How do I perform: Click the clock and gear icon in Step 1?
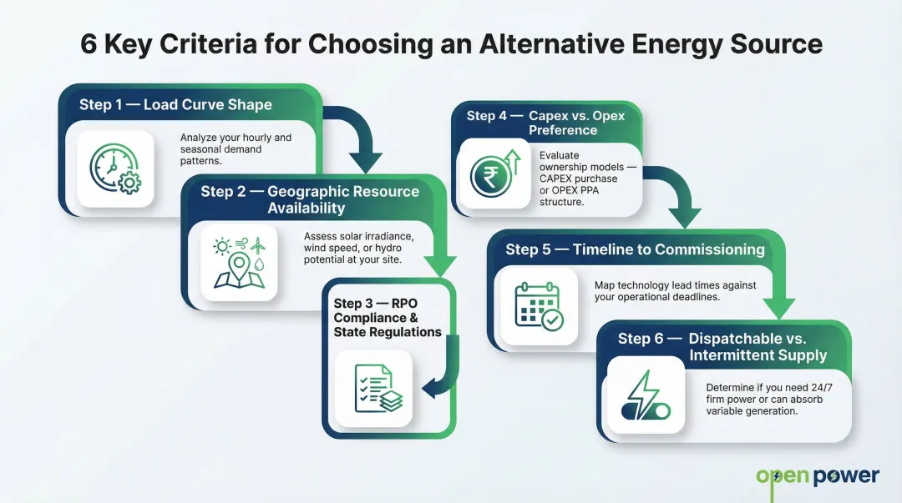pyautogui.click(x=115, y=169)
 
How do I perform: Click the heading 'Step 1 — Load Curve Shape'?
pyautogui.click(x=175, y=105)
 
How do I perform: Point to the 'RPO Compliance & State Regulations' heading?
pyautogui.click(x=387, y=318)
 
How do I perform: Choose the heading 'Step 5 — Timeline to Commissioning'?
pyautogui.click(x=635, y=249)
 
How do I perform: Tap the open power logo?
pyautogui.click(x=818, y=477)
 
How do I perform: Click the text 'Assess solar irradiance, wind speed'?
pyautogui.click(x=370, y=242)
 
